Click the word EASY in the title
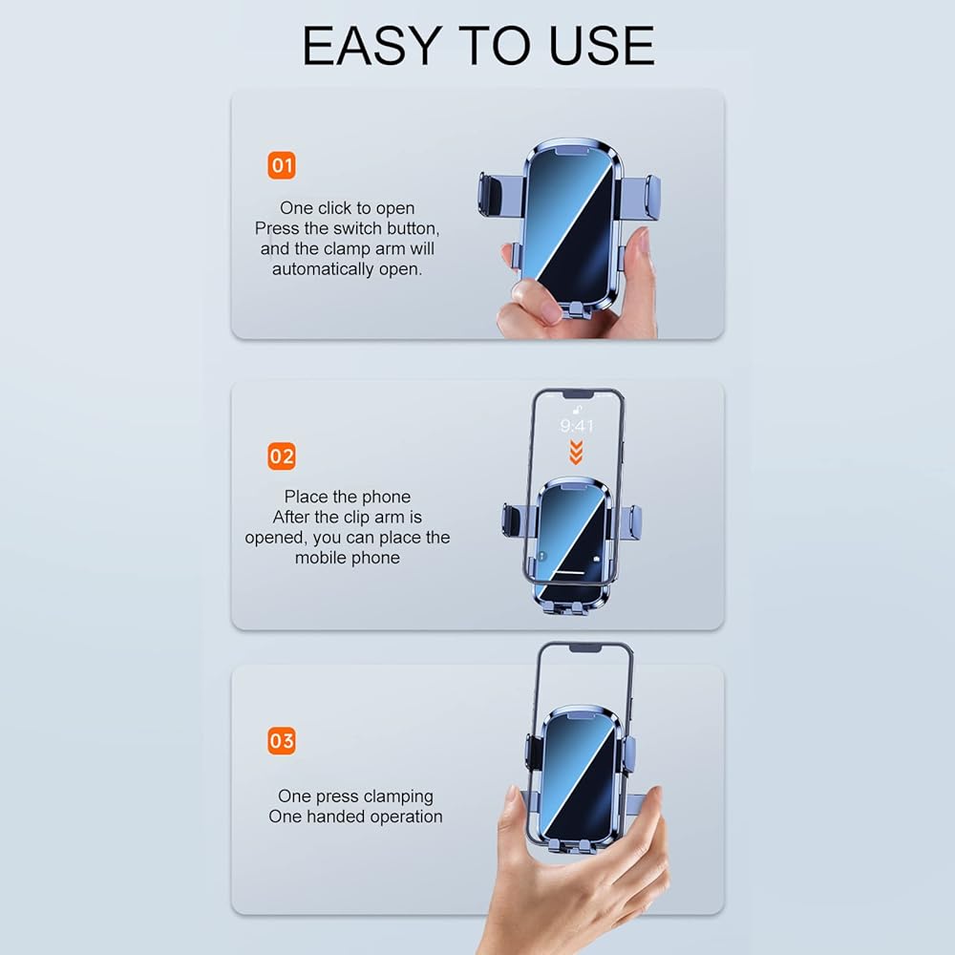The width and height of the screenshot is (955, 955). [x=371, y=46]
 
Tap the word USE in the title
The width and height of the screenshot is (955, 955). [x=602, y=46]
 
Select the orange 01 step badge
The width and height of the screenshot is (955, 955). [x=282, y=165]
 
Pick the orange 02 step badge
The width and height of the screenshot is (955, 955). [x=282, y=456]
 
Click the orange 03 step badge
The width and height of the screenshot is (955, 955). [x=282, y=741]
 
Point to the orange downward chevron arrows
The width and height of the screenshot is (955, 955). [x=576, y=452]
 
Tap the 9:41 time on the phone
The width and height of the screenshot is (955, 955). [x=576, y=425]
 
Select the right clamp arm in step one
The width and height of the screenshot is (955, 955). [x=640, y=198]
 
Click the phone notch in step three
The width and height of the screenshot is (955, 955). [x=585, y=649]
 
